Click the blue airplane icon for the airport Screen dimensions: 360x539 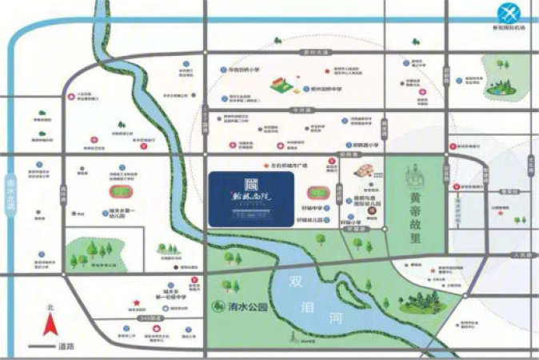pyautogui.click(x=509, y=13)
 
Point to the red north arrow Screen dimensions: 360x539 pyautogui.click(x=50, y=324)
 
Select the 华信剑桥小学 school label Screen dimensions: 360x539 pyautogui.click(x=245, y=70)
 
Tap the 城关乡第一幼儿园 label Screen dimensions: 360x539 pyautogui.click(x=122, y=214)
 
